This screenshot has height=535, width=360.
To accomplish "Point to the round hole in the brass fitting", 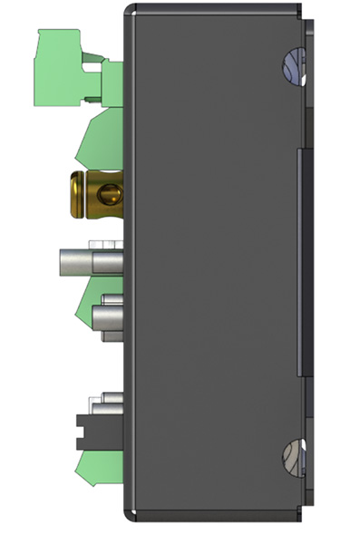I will (x=108, y=194).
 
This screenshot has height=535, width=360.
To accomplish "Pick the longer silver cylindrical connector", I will (x=90, y=262).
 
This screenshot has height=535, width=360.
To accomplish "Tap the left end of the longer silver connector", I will (x=63, y=262).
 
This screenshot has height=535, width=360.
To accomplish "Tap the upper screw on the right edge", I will (x=291, y=64).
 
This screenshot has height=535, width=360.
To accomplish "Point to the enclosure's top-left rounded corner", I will (x=130, y=10).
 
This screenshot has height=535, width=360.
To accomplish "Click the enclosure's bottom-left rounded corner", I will (x=130, y=518).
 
